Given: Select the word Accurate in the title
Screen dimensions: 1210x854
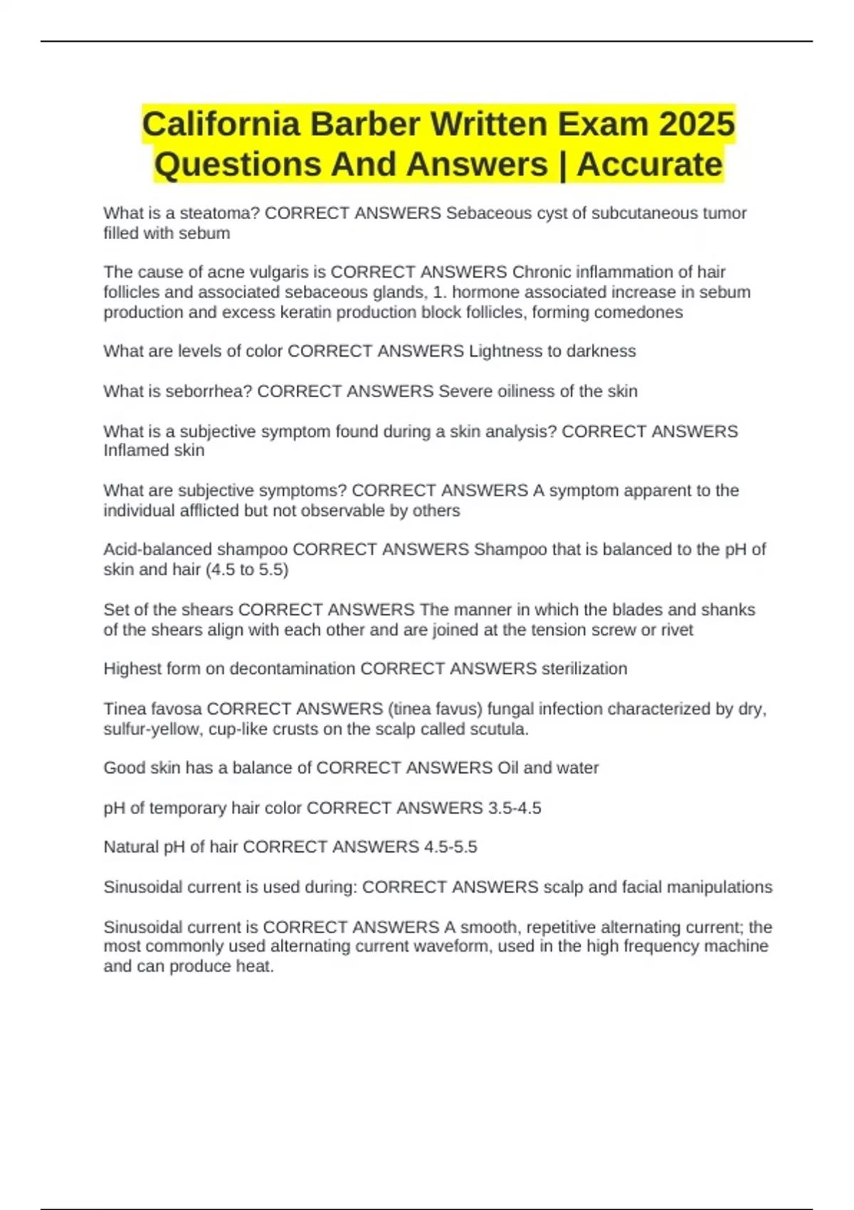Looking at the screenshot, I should pyautogui.click(x=649, y=164).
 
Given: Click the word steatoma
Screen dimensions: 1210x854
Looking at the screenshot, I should pyautogui.click(x=219, y=214).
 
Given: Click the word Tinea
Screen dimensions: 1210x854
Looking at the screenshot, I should pyautogui.click(x=124, y=709).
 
